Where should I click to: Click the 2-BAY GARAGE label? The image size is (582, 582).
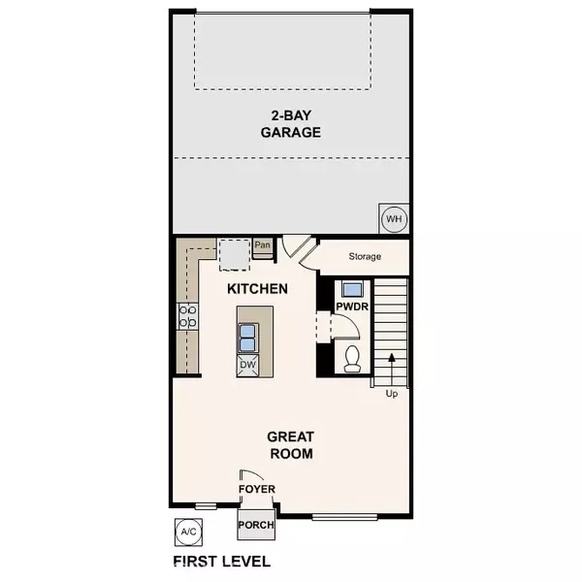point(290,125)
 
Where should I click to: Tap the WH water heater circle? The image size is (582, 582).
point(393,218)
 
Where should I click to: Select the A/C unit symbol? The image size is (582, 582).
point(187,532)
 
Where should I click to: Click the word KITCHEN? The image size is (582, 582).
point(257,288)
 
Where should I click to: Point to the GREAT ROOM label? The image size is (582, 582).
point(290,444)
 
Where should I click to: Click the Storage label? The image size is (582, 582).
point(365,257)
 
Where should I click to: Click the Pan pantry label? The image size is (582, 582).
point(263,246)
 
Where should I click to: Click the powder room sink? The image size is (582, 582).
point(350,289)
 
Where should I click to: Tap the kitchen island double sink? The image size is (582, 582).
point(246,337)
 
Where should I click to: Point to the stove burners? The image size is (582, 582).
point(187,315)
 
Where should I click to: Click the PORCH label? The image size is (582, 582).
point(256,525)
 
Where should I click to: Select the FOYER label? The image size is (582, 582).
point(257,490)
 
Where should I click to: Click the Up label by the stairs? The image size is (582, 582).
point(391,393)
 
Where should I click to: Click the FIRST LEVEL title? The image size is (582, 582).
point(221,561)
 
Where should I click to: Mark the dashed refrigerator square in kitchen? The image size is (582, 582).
point(234,254)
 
